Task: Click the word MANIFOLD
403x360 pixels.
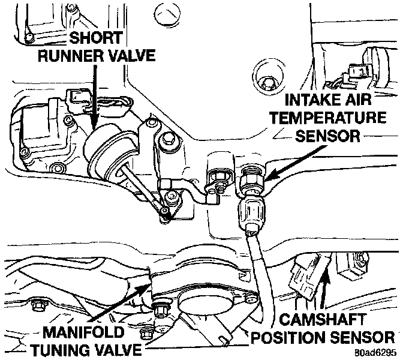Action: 80,332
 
